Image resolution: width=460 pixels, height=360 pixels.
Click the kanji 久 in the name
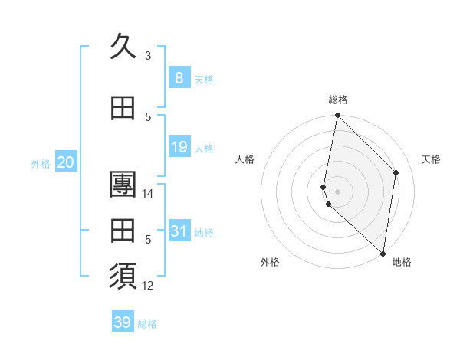123,47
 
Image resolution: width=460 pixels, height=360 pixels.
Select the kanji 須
123,277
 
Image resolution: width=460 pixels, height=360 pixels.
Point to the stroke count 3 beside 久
148,56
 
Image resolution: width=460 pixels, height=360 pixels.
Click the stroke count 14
148,194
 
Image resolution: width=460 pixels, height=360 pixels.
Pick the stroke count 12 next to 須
148,286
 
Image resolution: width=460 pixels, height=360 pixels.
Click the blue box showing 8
179,78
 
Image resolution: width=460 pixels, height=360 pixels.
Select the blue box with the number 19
179,147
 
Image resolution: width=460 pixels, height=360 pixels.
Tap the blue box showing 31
179,231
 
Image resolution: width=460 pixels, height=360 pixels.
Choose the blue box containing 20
65,162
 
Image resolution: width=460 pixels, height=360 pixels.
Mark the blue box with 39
123,322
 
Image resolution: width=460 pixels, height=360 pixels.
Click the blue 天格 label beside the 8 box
204,80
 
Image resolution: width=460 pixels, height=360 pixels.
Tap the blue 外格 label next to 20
41,164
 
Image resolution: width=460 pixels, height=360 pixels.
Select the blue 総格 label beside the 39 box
148,324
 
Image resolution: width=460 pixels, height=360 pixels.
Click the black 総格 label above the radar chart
337,100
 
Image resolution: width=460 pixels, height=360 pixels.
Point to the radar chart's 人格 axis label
245,159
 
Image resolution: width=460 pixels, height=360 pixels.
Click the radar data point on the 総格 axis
337,116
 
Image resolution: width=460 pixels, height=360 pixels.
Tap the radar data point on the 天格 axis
396,172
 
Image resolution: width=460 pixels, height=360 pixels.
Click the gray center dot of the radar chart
337,191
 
